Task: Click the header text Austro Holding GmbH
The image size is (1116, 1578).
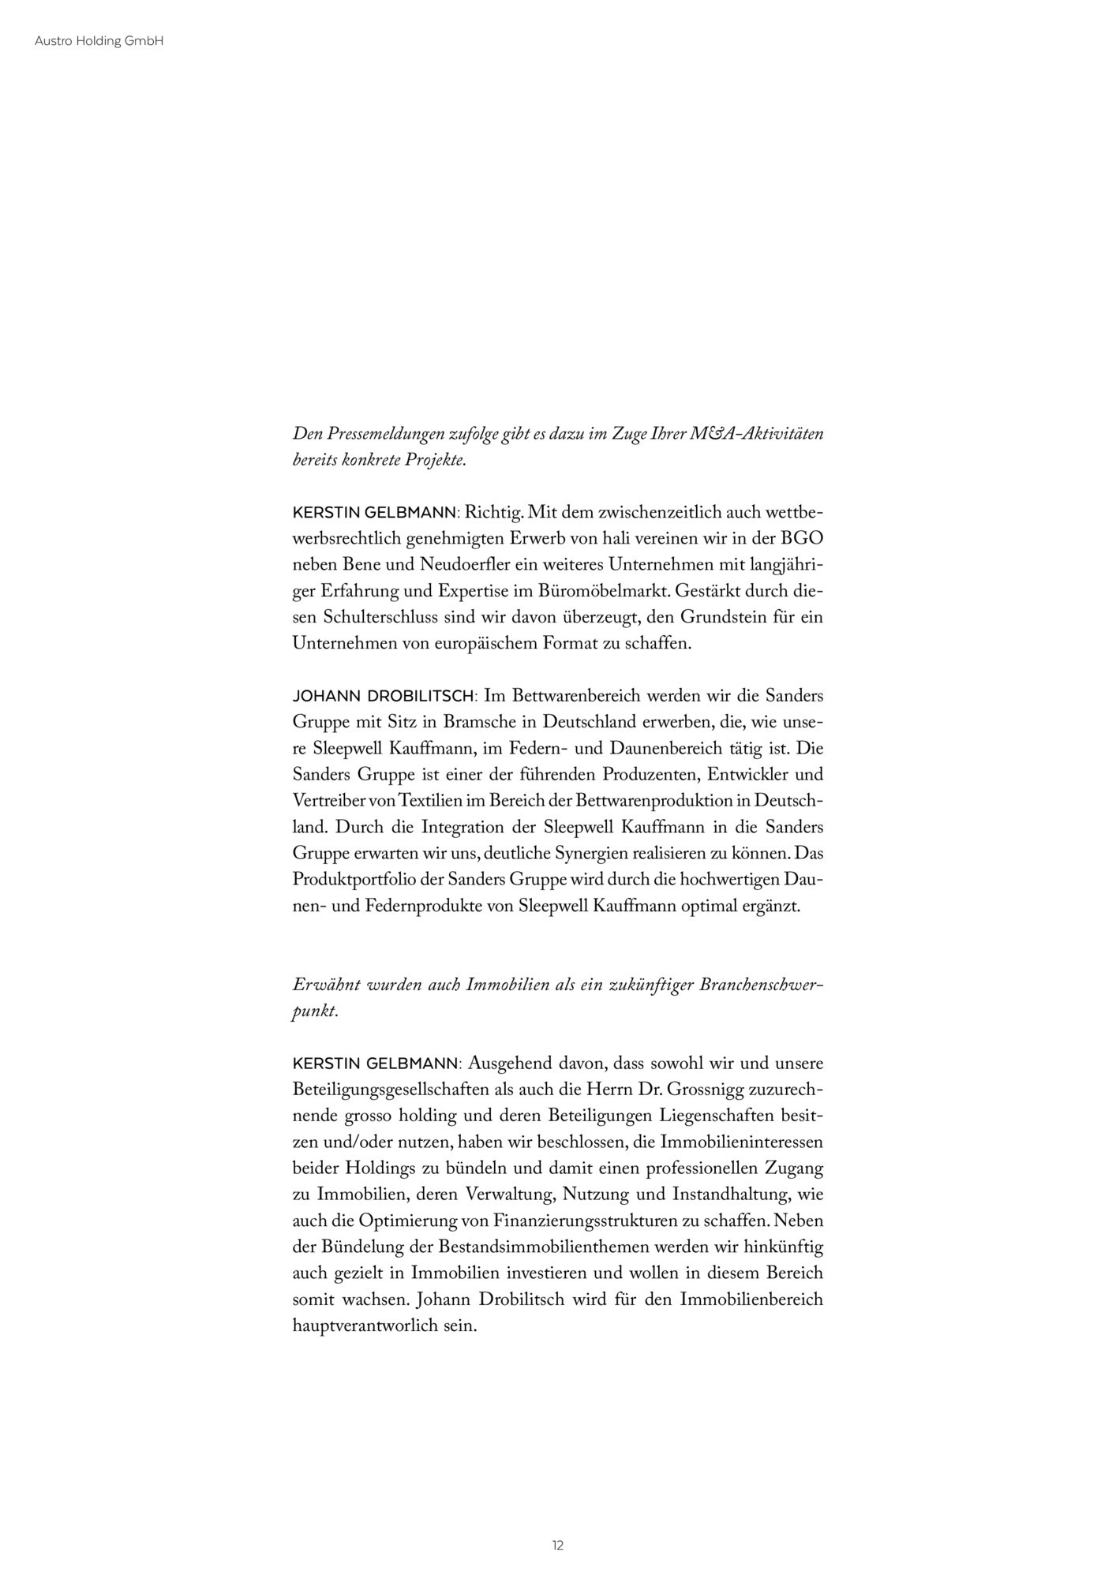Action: pos(99,42)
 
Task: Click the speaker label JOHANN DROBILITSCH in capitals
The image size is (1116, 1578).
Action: pos(384,697)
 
